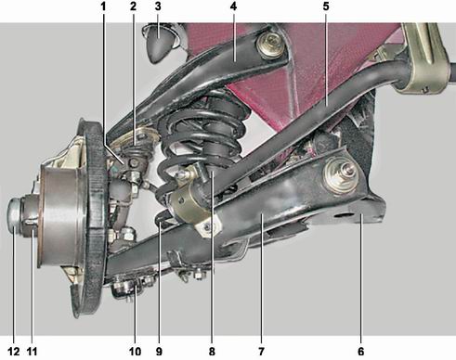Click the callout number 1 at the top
click(x=103, y=6)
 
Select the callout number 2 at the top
click(x=133, y=6)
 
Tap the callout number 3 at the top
click(x=158, y=6)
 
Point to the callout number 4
click(x=234, y=6)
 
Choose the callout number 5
click(x=326, y=6)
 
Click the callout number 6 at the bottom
click(x=361, y=352)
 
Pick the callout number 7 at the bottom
click(x=262, y=352)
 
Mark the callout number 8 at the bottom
click(x=212, y=352)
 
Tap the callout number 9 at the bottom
click(x=159, y=352)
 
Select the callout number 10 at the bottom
click(x=135, y=352)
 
